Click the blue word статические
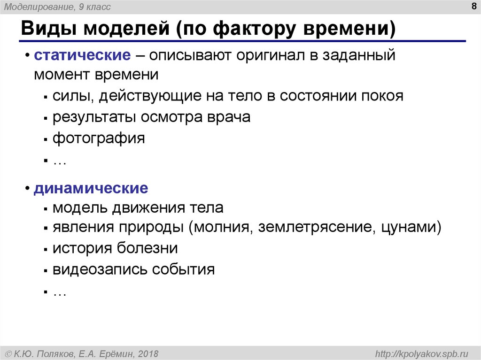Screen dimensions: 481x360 point(82,55)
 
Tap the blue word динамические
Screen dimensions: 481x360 point(91,188)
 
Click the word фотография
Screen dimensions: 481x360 point(99,138)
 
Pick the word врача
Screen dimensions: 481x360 point(229,117)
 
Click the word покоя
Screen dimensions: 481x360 point(381,96)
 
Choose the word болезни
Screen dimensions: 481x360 point(147,248)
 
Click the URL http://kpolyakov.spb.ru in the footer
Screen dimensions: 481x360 point(422,354)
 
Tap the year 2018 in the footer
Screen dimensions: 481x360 point(148,354)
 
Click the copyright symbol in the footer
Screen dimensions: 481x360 point(8,354)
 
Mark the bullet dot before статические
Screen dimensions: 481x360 point(27,55)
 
